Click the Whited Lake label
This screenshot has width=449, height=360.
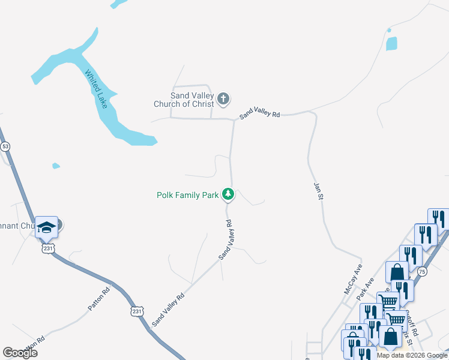coord(96,90)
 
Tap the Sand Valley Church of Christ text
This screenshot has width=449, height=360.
coord(192,100)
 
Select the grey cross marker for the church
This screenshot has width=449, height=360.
coord(223,98)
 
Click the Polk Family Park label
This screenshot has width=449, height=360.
coord(187,194)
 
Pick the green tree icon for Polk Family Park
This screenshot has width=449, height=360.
coord(228,194)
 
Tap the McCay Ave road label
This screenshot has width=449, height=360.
coord(354,280)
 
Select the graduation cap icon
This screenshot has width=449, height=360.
coord(46,227)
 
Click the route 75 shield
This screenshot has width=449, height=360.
coord(423,271)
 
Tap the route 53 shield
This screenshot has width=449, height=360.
coord(5,146)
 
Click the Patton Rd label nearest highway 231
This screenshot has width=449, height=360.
coord(98,298)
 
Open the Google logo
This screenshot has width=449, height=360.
coord(20,353)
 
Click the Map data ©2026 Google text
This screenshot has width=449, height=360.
coord(412,355)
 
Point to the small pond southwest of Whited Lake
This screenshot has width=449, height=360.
coord(56,166)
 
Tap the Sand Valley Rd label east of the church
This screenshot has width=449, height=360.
coord(260,113)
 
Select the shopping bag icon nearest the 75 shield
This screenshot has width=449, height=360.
coord(397,272)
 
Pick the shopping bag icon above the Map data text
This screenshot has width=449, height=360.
coord(390,336)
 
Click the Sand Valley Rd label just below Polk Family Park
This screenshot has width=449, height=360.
coord(225,240)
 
